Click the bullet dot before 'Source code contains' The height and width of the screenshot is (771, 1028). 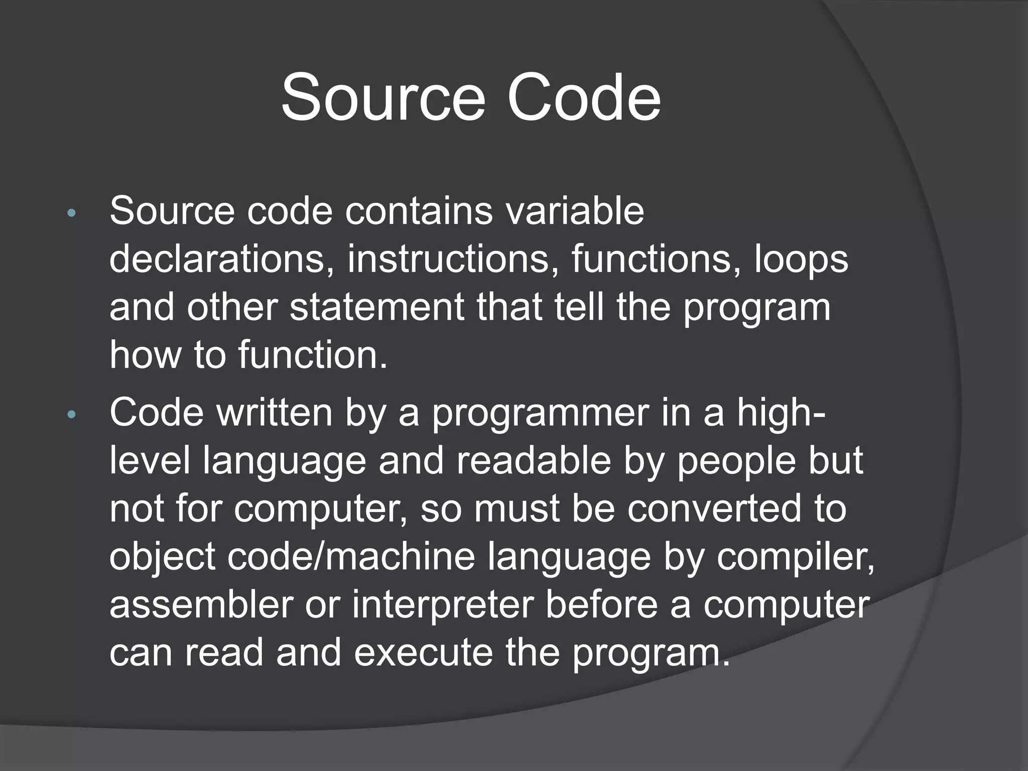[x=71, y=213]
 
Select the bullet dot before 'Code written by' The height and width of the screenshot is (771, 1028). [x=71, y=415]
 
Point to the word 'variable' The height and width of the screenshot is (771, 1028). [x=575, y=211]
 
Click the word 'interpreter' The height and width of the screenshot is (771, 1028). [x=442, y=605]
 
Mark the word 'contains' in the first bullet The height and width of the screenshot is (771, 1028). [x=419, y=211]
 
